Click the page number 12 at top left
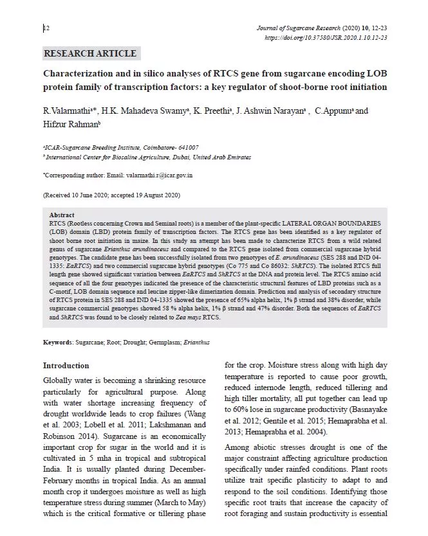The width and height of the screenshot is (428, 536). pyautogui.click(x=46, y=28)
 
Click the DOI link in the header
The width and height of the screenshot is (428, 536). pyautogui.click(x=326, y=38)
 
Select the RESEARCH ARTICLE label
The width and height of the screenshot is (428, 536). pyautogui.click(x=90, y=53)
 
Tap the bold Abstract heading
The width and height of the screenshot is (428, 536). pyautogui.click(x=62, y=215)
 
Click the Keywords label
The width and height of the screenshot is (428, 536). pyautogui.click(x=57, y=343)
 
